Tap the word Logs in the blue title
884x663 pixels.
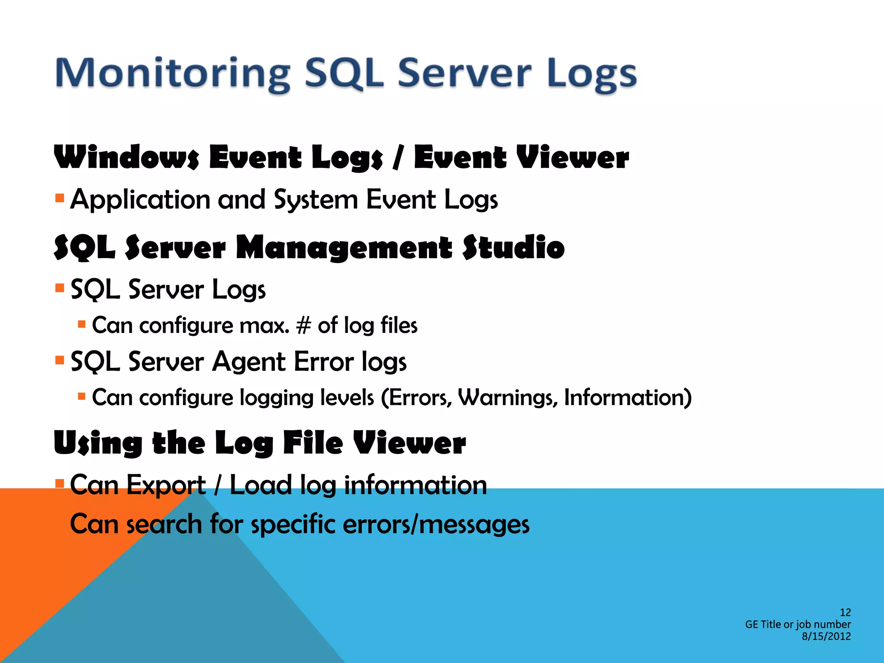592,74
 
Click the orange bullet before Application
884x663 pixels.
60,199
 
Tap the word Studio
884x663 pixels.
514,248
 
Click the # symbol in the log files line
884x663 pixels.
303,326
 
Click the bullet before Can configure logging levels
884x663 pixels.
82,396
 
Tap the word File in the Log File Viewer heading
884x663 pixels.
313,443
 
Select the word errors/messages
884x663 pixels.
436,524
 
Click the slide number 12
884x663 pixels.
845,612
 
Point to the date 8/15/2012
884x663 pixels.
826,636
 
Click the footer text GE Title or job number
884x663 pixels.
798,624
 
